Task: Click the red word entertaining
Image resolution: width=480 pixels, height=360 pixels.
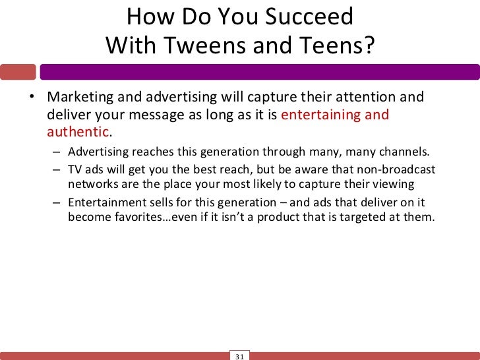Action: pyautogui.click(x=321, y=115)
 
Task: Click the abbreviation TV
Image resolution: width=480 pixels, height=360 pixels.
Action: pyautogui.click(x=76, y=169)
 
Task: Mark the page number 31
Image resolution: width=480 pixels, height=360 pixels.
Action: pyautogui.click(x=239, y=356)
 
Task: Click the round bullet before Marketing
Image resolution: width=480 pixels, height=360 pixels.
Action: pyautogui.click(x=31, y=98)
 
